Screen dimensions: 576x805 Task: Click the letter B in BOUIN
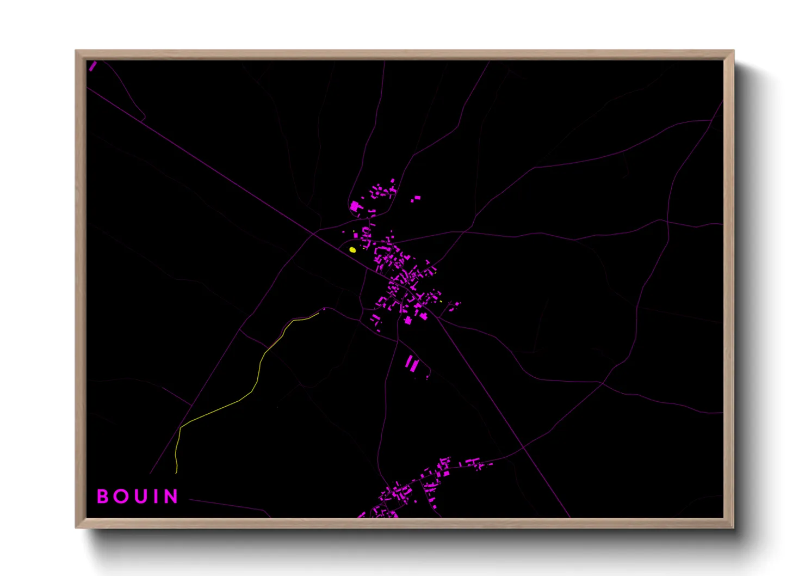[102, 496]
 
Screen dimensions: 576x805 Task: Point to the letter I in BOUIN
[155, 496]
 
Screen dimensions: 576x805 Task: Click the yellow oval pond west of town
[352, 250]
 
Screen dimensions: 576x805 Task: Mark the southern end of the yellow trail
[176, 472]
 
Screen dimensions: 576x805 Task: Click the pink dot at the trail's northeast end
[324, 309]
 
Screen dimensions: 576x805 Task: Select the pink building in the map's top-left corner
[92, 66]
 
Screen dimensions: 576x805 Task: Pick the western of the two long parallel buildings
[408, 363]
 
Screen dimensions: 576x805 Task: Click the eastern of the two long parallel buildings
[415, 365]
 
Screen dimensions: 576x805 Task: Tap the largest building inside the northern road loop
[356, 207]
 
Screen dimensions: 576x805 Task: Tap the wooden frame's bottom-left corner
[76, 527]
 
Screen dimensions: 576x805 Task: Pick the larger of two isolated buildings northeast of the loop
[417, 198]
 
